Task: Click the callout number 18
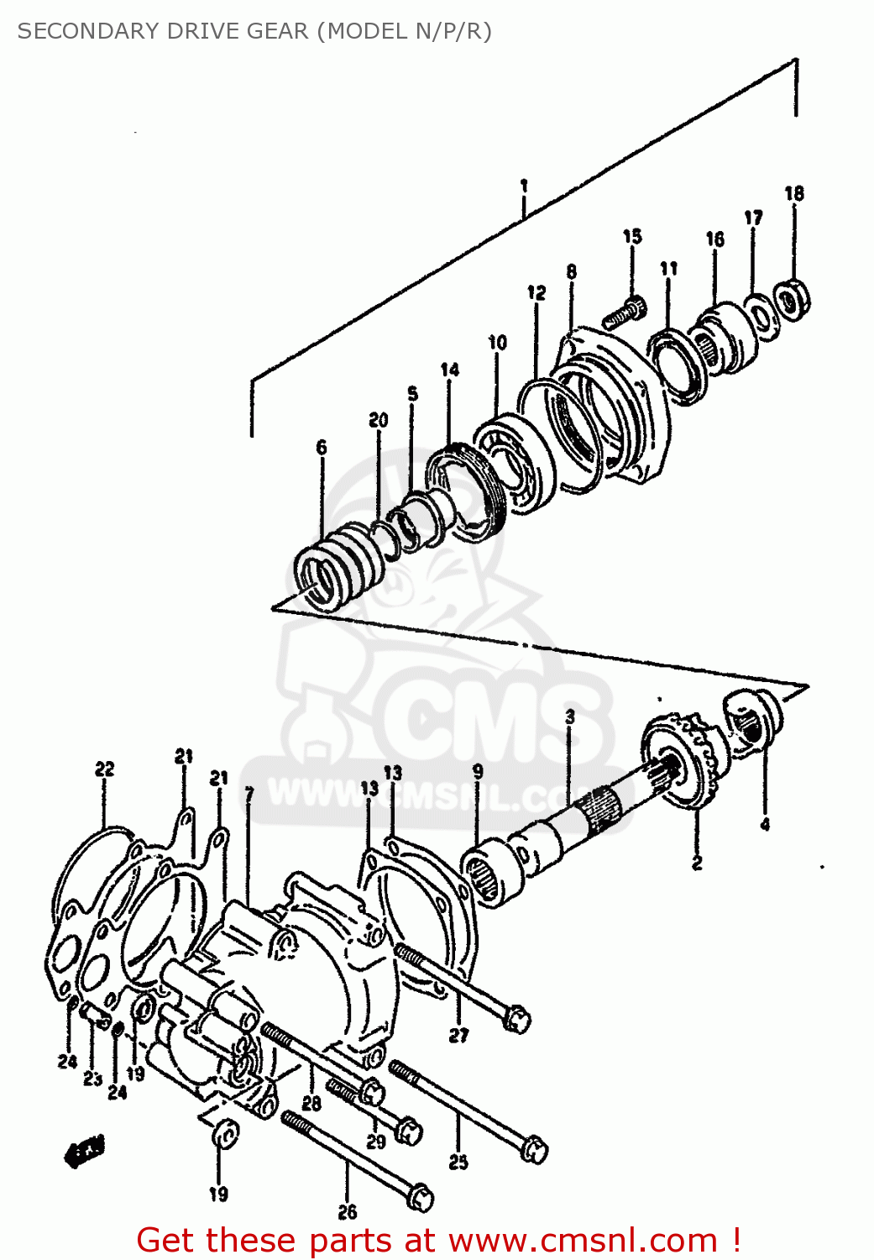pyautogui.click(x=793, y=193)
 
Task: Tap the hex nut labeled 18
pyautogui.click(x=791, y=299)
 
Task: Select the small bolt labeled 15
pyautogui.click(x=625, y=312)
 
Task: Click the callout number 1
pyautogui.click(x=524, y=186)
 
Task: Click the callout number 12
pyautogui.click(x=536, y=292)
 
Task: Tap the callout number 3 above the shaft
pyautogui.click(x=570, y=717)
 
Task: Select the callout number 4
pyautogui.click(x=765, y=825)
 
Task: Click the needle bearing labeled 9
pyautogui.click(x=491, y=877)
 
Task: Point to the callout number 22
pyautogui.click(x=104, y=769)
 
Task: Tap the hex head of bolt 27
pyautogui.click(x=517, y=1019)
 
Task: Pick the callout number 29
pyautogui.click(x=376, y=1141)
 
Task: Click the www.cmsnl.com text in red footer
pyautogui.click(x=583, y=1241)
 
